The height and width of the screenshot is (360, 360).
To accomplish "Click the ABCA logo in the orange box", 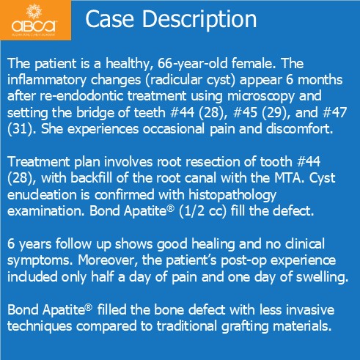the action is tap(34, 20).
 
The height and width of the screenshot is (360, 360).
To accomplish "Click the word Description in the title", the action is tap(199, 20).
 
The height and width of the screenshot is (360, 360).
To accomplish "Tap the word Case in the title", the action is tap(109, 19).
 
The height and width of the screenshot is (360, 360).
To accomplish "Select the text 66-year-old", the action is tap(192, 64).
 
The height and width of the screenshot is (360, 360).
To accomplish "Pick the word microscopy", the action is tap(261, 96).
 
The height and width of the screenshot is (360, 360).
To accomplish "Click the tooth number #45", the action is tap(245, 113).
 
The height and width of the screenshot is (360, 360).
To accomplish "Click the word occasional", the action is tap(172, 129).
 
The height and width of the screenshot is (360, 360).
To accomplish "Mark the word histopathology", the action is tap(232, 195).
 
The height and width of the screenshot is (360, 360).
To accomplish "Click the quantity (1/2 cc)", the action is tap(202, 211).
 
